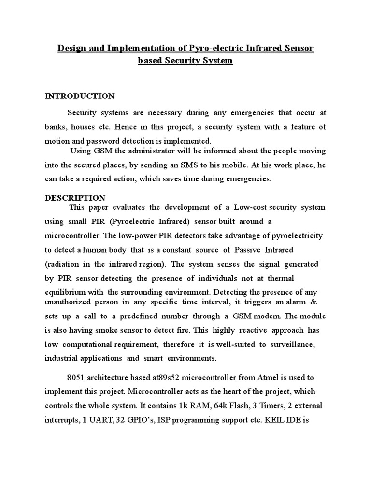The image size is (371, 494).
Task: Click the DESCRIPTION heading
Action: coord(75,198)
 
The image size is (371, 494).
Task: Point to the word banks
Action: coord(56,127)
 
